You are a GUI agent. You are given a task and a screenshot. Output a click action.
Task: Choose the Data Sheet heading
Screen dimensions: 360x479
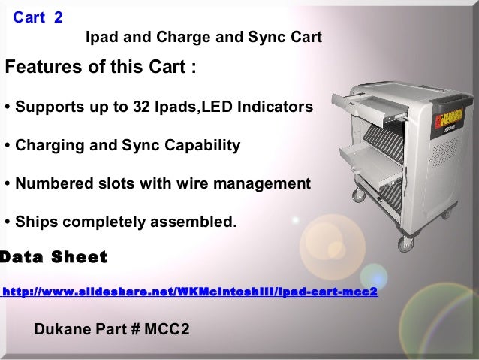54,258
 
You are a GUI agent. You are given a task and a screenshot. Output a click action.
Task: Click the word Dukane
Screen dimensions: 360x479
62,330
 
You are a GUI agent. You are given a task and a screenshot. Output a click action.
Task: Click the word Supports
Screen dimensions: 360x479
46,107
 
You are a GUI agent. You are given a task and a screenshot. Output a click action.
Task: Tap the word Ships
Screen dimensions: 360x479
35,222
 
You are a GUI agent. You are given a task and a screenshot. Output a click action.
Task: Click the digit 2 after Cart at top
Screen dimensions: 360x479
59,16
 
